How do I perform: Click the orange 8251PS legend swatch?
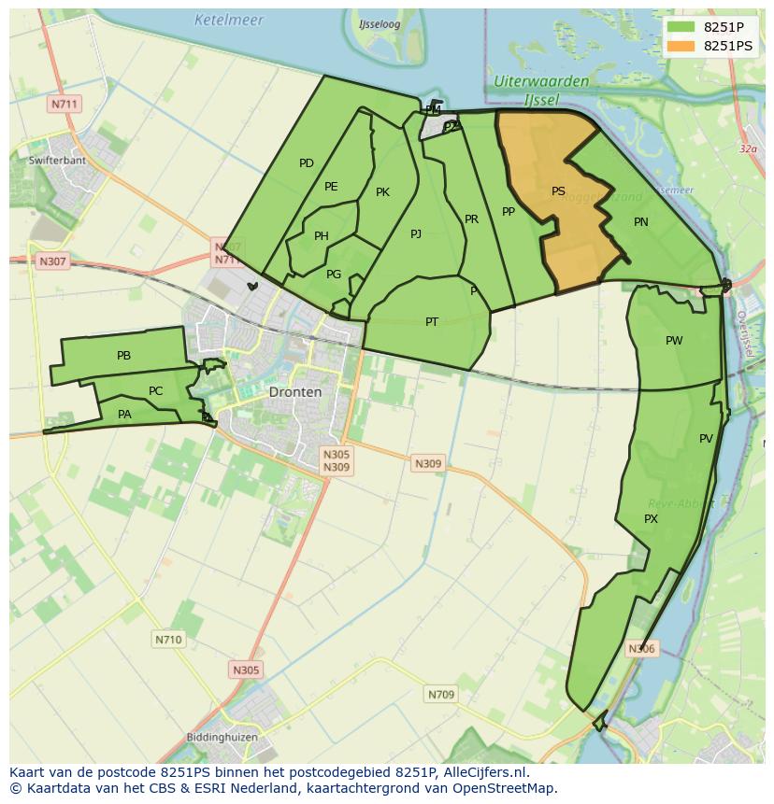tap(681, 46)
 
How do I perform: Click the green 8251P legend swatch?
tap(681, 27)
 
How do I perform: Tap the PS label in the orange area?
tap(558, 191)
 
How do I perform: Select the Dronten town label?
tap(294, 392)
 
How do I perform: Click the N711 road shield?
tap(64, 104)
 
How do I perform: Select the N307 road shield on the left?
tap(52, 261)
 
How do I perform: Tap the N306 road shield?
tap(641, 648)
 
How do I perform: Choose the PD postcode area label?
tap(306, 163)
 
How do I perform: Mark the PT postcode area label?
tap(432, 322)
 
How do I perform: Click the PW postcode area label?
tap(674, 341)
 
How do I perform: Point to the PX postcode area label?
tap(652, 518)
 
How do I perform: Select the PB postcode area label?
tap(123, 356)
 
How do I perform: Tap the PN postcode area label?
tap(640, 222)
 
